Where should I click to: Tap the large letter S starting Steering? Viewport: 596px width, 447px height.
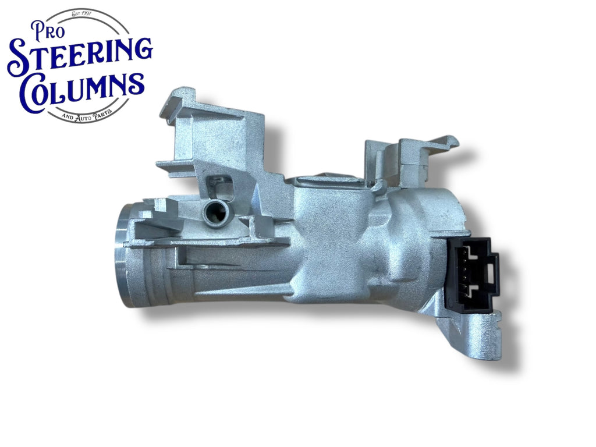click(x=20, y=58)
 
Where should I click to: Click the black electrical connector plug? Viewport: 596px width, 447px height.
click(x=471, y=274)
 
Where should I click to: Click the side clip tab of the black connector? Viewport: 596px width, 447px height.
click(x=496, y=274)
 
